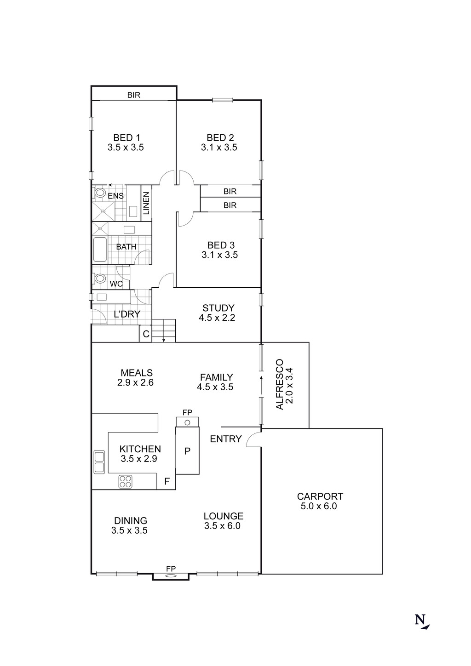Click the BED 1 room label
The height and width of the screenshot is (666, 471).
[x=126, y=137]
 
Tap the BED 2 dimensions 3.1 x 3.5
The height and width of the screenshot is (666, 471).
[x=219, y=148]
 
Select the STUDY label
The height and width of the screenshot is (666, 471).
[x=218, y=308]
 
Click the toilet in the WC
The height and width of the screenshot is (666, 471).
[x=99, y=279]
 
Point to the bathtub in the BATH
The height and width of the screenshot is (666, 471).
[x=100, y=250]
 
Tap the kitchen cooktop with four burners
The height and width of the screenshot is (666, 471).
[x=126, y=481]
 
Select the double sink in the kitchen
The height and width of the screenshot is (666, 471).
[x=99, y=462]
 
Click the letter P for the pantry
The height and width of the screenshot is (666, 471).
[x=187, y=451]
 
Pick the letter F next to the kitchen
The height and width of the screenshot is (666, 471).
[x=167, y=482]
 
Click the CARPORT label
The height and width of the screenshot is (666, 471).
[x=320, y=496]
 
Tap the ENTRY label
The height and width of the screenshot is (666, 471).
[x=225, y=439]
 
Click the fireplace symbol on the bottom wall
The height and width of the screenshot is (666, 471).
[x=171, y=575]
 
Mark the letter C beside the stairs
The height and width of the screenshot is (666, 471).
[x=146, y=334]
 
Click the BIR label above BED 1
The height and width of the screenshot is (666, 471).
[x=134, y=95]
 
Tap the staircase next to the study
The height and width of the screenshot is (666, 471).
[x=164, y=330]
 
